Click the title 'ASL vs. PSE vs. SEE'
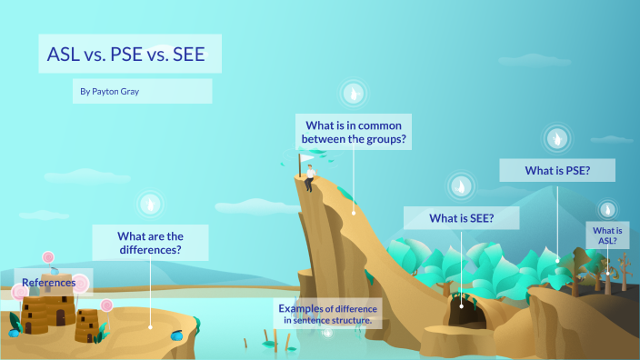(127, 55)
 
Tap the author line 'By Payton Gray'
(110, 92)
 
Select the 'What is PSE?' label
(557, 170)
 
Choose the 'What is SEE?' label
(461, 218)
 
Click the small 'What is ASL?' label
(606, 235)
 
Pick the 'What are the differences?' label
(150, 243)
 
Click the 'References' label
(49, 283)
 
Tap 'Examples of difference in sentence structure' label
(326, 314)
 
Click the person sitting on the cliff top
(311, 175)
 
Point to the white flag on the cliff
(306, 158)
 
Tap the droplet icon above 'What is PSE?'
(557, 138)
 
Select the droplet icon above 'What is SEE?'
(462, 186)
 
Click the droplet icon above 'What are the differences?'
(150, 204)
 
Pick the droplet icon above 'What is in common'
(354, 93)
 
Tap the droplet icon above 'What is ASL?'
(607, 209)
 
